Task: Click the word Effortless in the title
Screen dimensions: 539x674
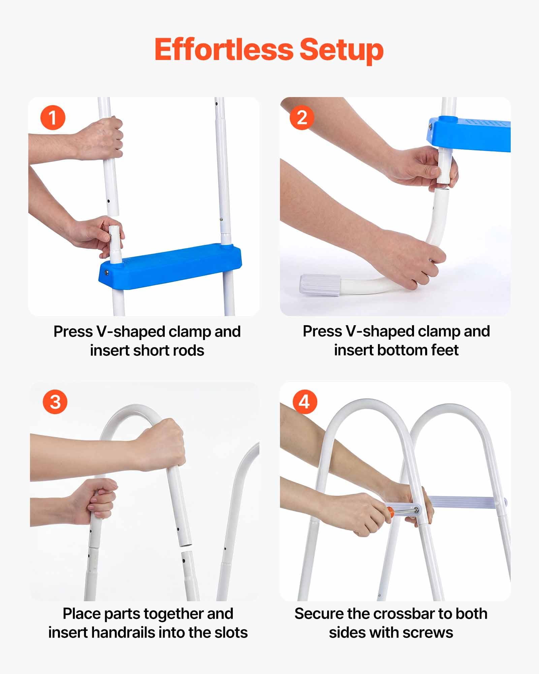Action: click(x=224, y=50)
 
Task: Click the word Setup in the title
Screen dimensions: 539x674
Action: click(x=341, y=51)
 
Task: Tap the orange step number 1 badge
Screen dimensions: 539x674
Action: click(x=53, y=118)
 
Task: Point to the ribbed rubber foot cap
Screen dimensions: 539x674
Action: click(x=320, y=285)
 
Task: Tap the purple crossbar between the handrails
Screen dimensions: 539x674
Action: click(x=467, y=502)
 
